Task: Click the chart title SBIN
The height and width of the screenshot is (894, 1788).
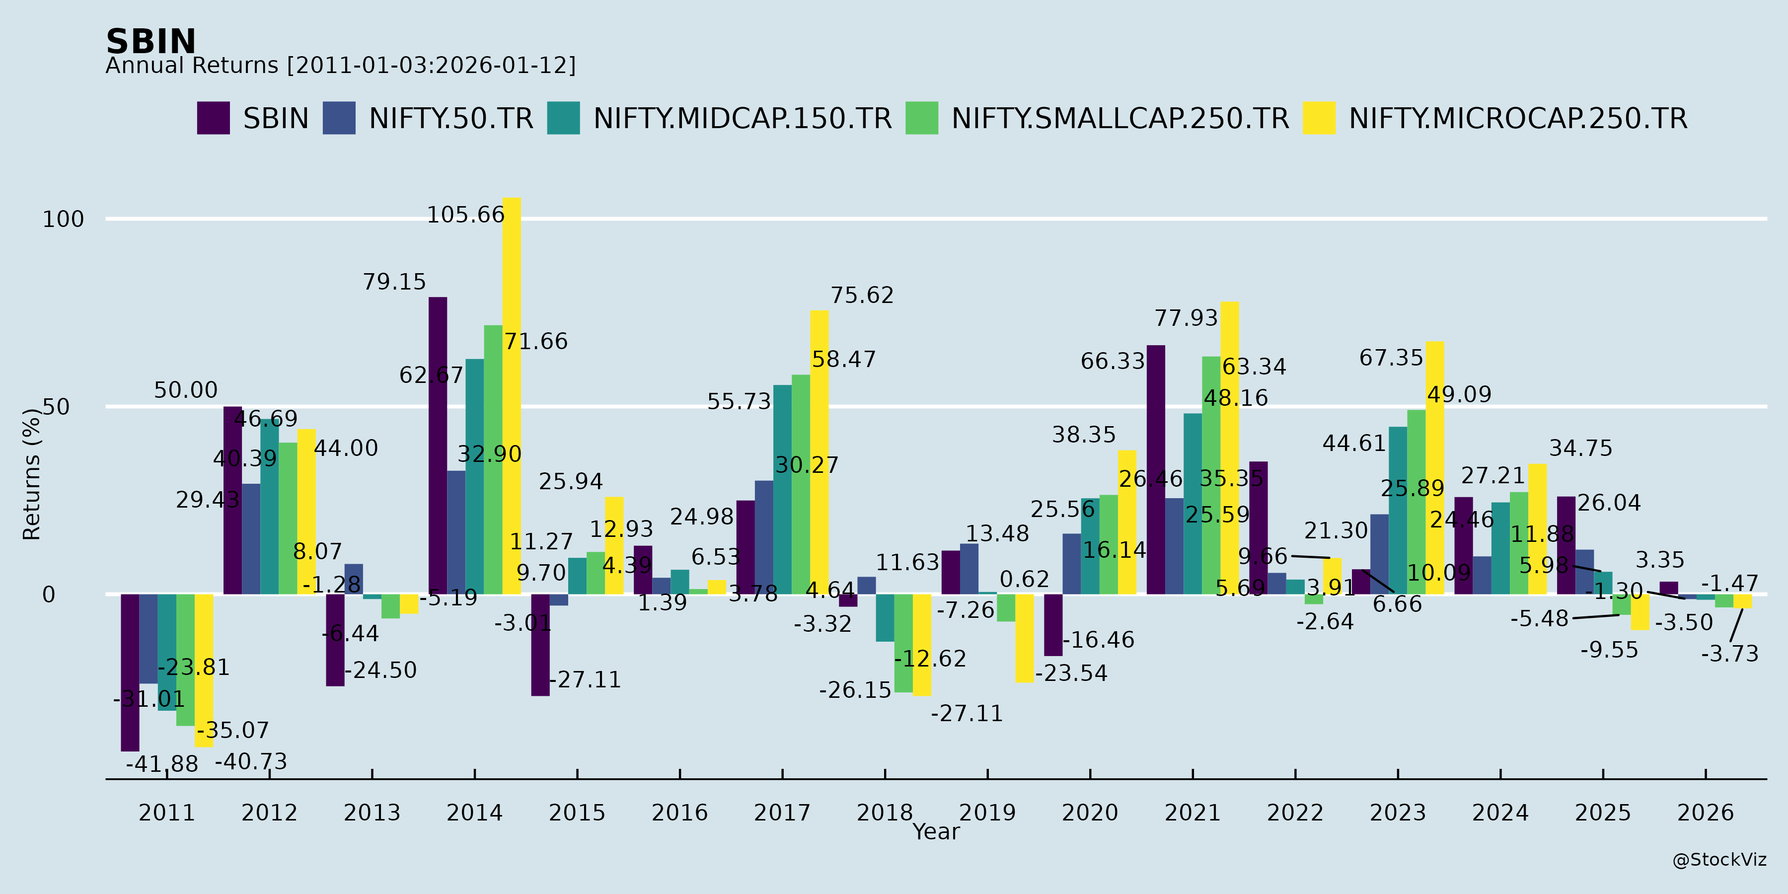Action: click(150, 42)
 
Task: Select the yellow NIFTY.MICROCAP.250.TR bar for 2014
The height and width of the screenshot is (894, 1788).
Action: click(512, 396)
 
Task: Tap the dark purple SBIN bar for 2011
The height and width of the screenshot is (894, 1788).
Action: click(130, 672)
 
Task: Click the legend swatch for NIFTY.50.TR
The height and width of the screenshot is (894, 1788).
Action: click(339, 118)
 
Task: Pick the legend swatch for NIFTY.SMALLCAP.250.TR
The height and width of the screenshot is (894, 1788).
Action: click(921, 118)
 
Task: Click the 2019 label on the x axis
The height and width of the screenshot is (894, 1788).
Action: click(987, 812)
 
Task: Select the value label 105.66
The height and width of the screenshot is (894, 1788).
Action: click(465, 215)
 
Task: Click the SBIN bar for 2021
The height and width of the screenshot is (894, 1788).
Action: click(1156, 469)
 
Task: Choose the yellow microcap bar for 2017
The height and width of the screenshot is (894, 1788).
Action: click(819, 452)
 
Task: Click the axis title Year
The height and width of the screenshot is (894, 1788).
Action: click(936, 831)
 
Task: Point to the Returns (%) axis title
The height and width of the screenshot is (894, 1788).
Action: click(32, 474)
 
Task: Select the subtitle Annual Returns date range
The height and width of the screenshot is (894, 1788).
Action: click(340, 65)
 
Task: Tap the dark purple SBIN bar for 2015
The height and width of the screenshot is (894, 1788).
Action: click(540, 645)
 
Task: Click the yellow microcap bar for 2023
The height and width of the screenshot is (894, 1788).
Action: click(1435, 467)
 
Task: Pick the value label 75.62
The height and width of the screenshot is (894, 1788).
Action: click(862, 296)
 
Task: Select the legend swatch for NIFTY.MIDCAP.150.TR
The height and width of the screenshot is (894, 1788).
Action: click(563, 118)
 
